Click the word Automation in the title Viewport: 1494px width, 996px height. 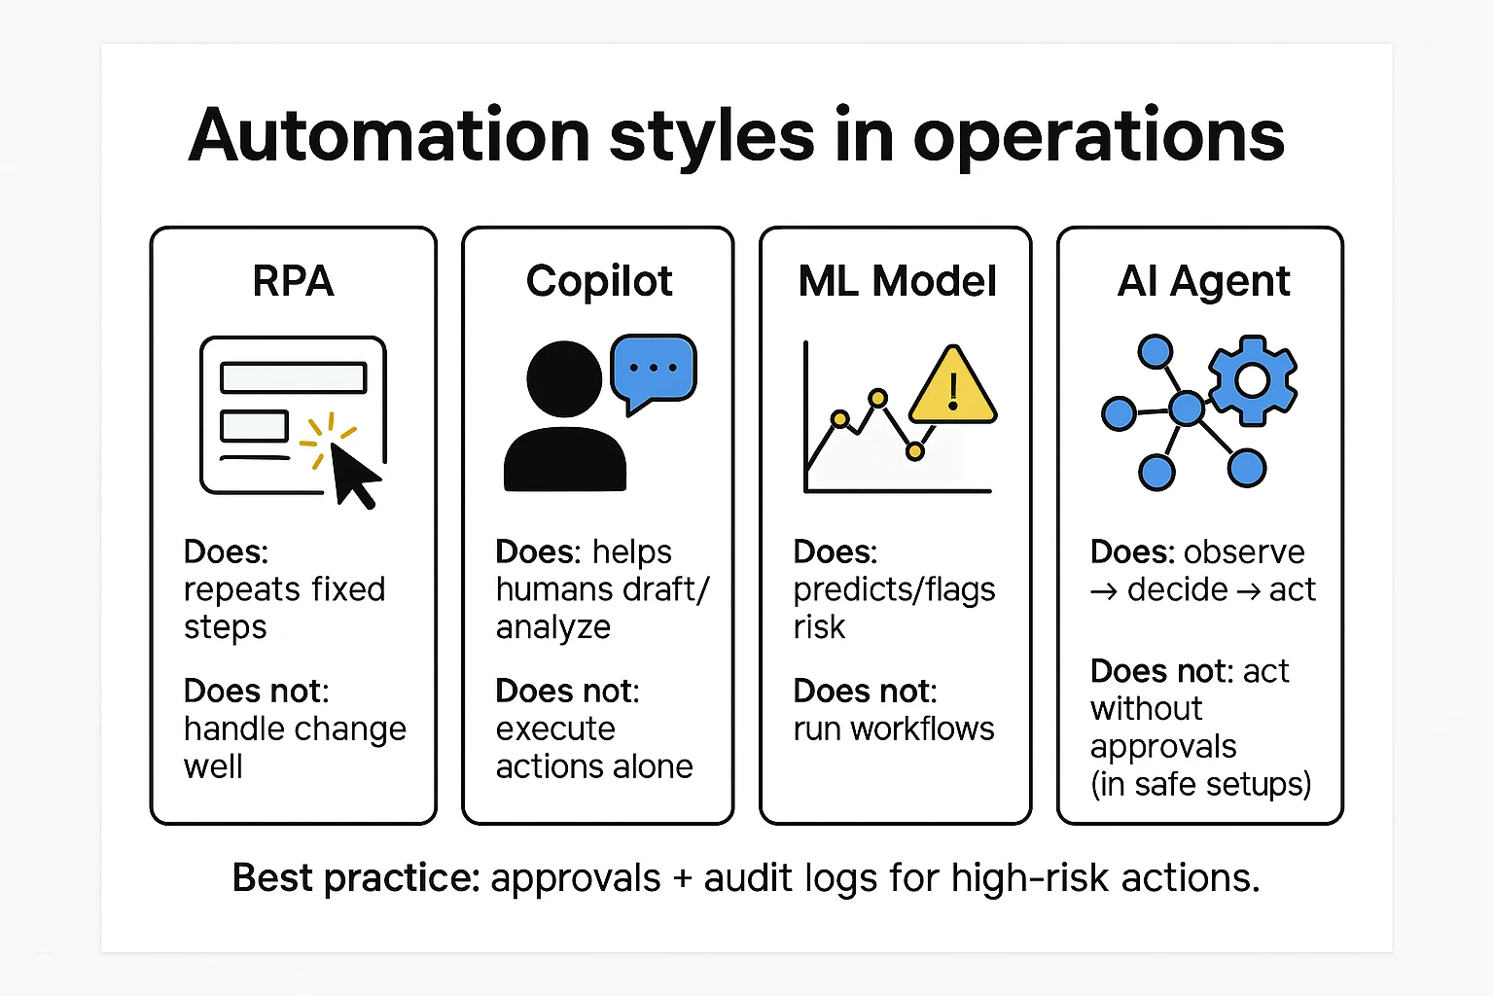point(389,136)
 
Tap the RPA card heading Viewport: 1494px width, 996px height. point(293,281)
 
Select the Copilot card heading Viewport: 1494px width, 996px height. point(599,281)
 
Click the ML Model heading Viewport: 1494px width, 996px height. point(897,281)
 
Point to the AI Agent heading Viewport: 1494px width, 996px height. point(1203,281)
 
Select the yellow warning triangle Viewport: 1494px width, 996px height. point(952,389)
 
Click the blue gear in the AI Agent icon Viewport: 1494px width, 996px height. point(1252,379)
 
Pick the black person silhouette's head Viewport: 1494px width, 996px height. point(564,379)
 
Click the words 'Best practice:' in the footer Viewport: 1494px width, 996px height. point(356,878)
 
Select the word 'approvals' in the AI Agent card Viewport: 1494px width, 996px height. point(1163,747)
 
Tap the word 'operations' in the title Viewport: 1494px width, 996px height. point(1099,136)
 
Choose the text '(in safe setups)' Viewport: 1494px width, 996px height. point(1200,784)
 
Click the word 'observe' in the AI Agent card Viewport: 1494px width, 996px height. point(1246,551)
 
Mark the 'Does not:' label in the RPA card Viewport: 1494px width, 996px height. point(257,691)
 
